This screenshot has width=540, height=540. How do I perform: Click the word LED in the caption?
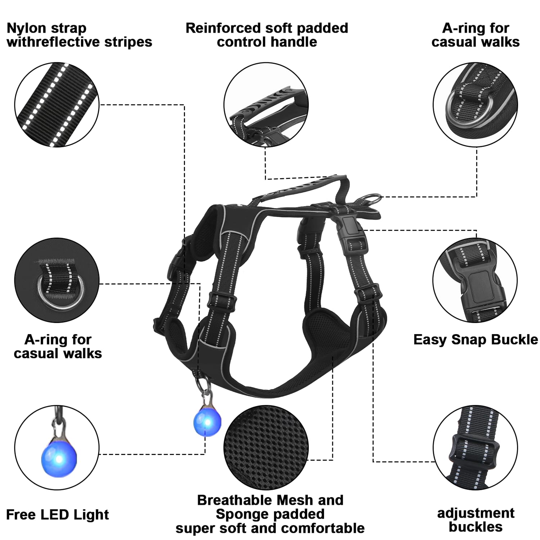56,515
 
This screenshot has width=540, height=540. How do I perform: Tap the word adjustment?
476,513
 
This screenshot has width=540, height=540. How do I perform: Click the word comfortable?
323,528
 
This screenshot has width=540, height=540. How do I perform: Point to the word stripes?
128,42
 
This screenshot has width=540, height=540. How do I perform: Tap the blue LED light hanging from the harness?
207,419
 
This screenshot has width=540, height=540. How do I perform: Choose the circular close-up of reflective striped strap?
57,105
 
